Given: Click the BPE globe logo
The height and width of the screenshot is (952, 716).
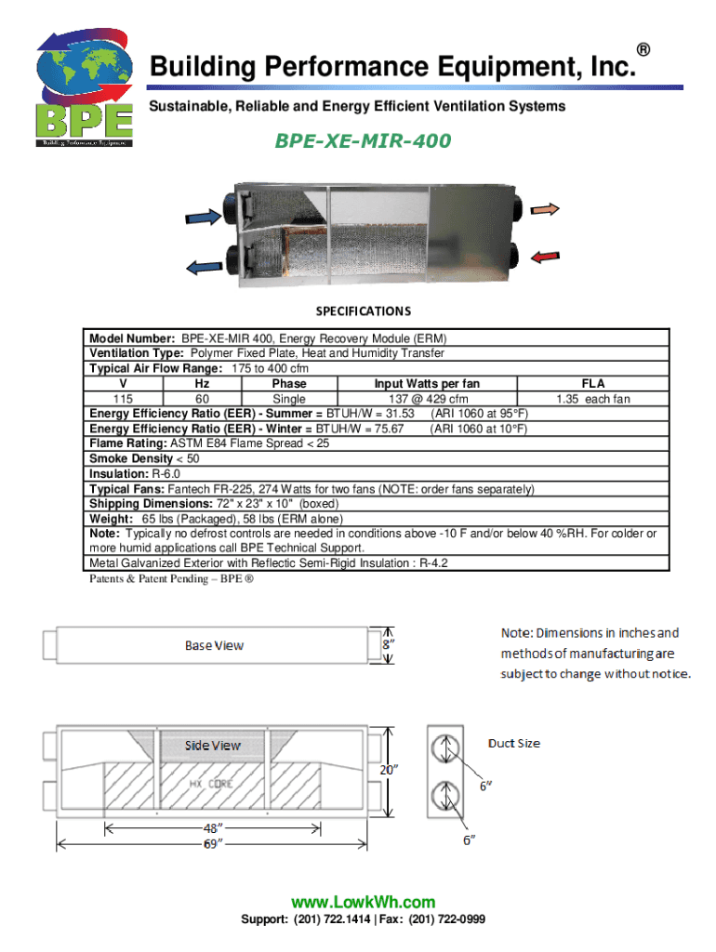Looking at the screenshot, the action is tap(85, 86).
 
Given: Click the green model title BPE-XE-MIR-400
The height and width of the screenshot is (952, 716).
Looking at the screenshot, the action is tap(363, 141).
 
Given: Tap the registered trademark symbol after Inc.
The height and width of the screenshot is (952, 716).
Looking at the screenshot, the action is tap(643, 50).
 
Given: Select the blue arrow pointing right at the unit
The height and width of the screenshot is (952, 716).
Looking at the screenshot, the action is tap(204, 217).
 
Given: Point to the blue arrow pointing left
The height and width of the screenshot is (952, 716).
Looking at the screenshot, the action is tap(204, 267).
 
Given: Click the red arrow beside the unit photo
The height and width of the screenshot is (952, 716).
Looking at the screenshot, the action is tap(545, 257).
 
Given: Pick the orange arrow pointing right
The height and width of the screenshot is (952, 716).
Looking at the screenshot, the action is tap(545, 209).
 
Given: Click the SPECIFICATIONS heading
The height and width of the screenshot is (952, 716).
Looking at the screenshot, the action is tap(364, 311).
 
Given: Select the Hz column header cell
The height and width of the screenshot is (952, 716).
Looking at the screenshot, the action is tap(202, 384).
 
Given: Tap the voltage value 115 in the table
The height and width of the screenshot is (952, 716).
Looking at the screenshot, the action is tap(123, 399).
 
